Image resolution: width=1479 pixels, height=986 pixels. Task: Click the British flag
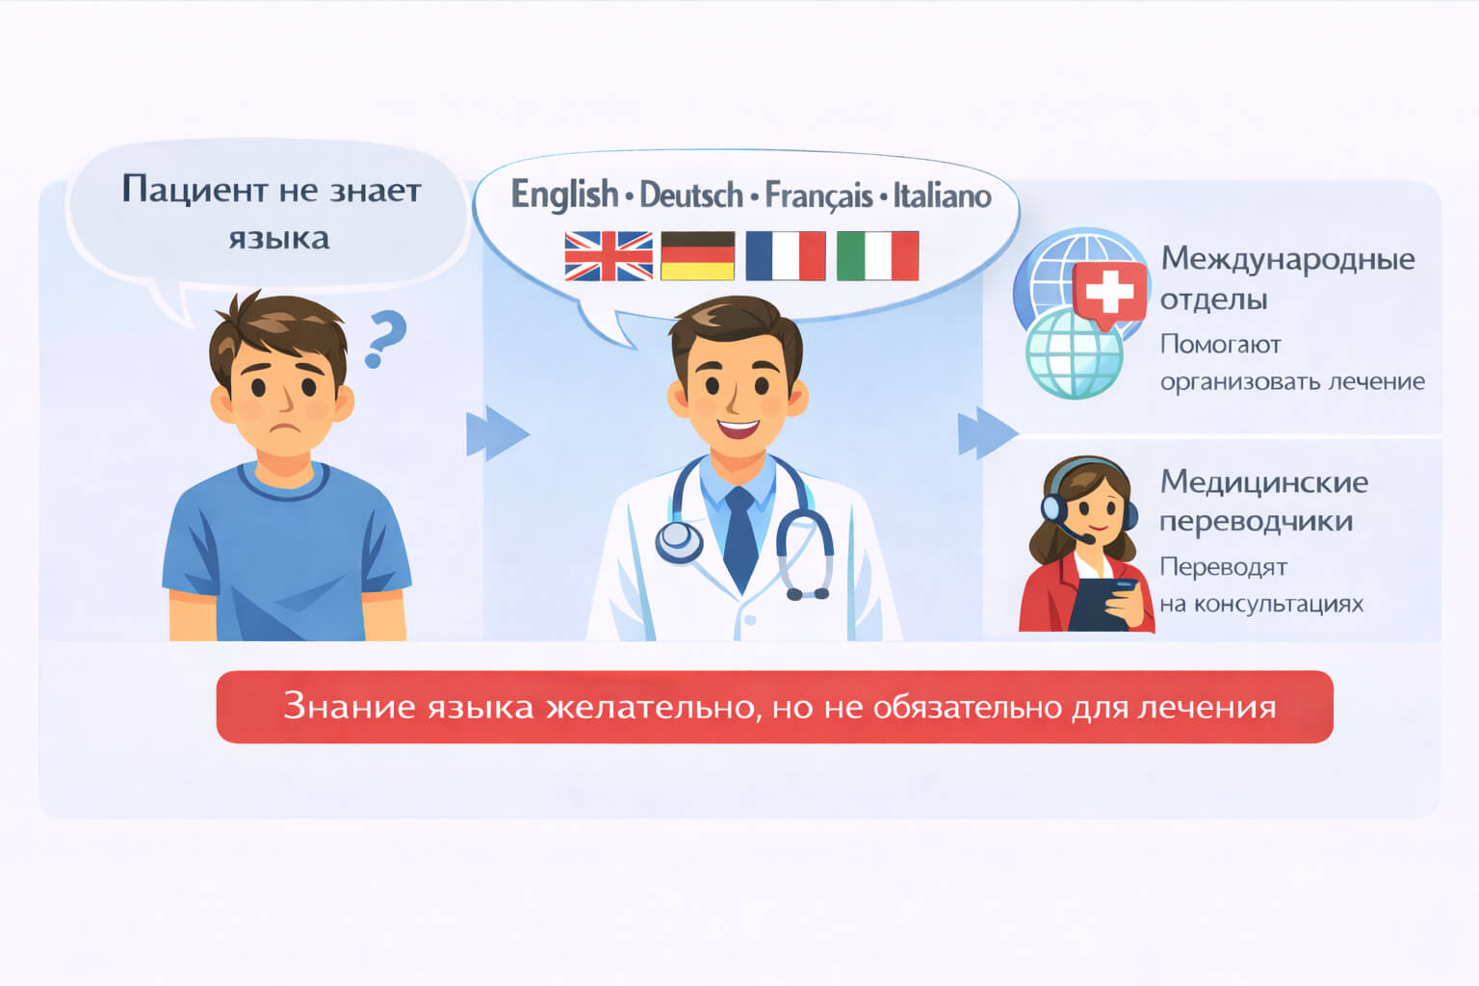[609, 256]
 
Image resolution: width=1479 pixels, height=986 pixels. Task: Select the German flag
[698, 255]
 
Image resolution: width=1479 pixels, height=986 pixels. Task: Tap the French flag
[786, 255]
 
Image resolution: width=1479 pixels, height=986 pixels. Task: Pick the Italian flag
[877, 255]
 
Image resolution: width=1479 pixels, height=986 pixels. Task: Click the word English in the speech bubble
[564, 195]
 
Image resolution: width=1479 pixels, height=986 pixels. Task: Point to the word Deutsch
[691, 195]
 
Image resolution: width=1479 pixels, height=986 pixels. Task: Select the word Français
[818, 195]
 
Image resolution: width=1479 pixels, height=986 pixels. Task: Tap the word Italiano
[943, 195]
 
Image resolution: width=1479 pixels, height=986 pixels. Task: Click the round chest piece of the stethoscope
[679, 541]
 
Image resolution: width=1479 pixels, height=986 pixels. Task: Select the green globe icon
[1075, 353]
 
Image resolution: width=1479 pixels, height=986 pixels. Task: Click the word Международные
[1288, 259]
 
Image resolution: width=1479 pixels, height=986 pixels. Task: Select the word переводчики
[1257, 522]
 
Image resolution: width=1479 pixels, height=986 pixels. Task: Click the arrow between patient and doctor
[498, 433]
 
